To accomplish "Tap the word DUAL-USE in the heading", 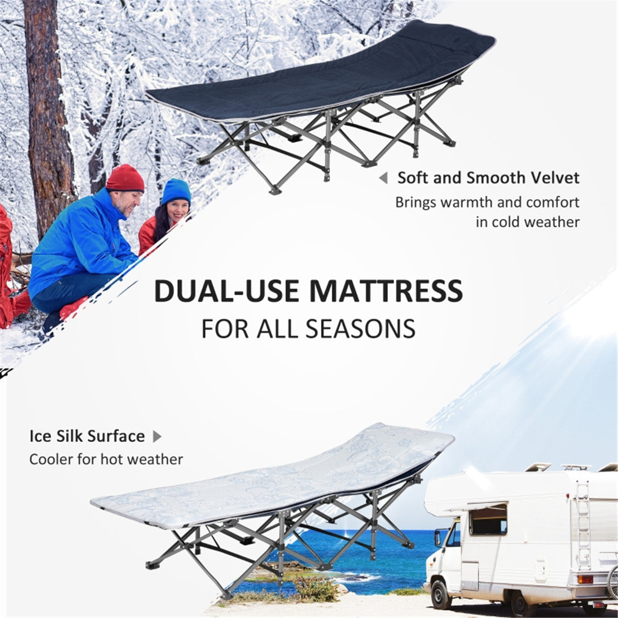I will pyautogui.click(x=227, y=291).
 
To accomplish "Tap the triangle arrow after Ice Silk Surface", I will pyautogui.click(x=157, y=437).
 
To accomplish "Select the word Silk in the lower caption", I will pyautogui.click(x=70, y=436).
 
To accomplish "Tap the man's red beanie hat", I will pyautogui.click(x=125, y=178).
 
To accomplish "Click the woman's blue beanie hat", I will pyautogui.click(x=176, y=191).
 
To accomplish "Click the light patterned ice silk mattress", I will pyautogui.click(x=273, y=479).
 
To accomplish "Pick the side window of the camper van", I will pyautogui.click(x=488, y=519).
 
